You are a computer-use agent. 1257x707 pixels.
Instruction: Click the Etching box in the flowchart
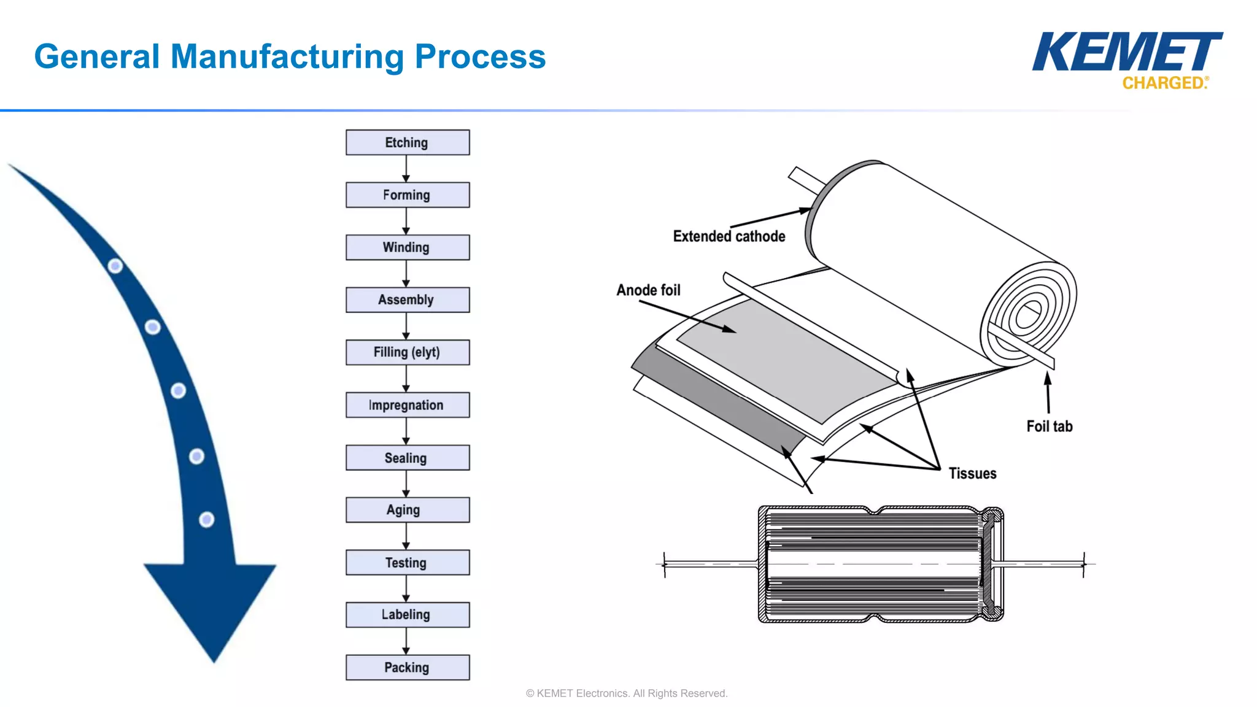408,142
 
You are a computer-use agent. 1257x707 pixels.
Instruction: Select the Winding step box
408,247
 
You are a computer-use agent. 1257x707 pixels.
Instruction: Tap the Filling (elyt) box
408,352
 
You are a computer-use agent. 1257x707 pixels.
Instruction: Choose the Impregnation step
408,405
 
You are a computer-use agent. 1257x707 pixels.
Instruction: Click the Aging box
408,510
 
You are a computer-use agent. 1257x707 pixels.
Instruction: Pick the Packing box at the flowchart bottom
408,667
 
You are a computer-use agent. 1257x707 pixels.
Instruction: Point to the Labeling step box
408,614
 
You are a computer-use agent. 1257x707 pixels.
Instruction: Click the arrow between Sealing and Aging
406,484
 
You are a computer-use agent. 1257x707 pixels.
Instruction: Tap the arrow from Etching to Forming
406,169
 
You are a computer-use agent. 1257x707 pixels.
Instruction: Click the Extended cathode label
729,236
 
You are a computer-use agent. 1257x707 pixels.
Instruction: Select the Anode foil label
649,290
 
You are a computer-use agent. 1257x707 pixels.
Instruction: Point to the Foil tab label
1050,426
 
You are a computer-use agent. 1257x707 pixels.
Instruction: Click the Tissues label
973,473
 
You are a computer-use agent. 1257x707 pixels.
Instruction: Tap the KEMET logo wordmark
1127,52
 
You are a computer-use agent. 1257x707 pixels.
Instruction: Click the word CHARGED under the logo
1164,83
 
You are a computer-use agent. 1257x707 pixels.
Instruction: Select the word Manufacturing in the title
287,56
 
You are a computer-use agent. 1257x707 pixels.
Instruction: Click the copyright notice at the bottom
627,693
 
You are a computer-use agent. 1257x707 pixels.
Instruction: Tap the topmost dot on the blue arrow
115,266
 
